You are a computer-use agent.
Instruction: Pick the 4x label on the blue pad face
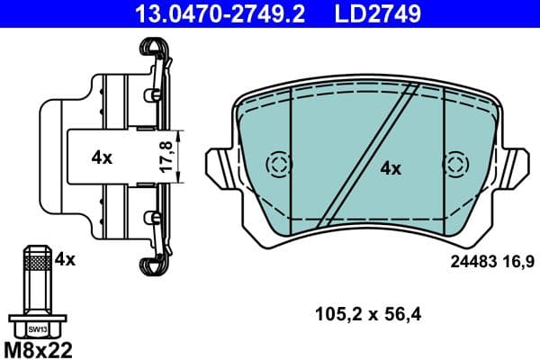(390, 167)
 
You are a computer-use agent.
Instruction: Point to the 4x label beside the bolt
(64, 259)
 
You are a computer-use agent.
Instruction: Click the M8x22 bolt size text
(40, 347)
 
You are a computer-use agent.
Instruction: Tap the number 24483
(472, 262)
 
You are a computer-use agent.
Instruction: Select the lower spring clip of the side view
(154, 260)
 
